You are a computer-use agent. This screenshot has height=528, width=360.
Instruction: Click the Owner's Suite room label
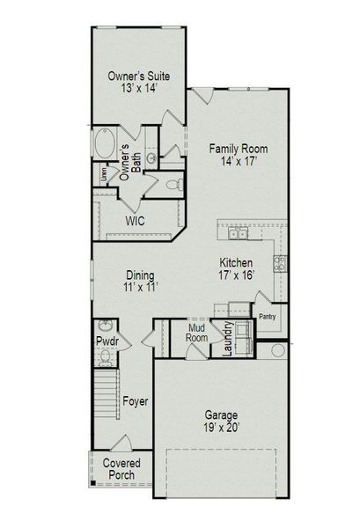point(138,77)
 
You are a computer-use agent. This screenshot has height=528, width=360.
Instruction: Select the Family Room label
point(238,148)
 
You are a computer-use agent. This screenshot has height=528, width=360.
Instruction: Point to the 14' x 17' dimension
point(238,163)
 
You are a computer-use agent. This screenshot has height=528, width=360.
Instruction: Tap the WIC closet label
point(135,220)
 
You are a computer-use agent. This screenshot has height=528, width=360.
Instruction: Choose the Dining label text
point(140,274)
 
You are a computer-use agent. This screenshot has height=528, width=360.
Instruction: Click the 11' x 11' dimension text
point(140,288)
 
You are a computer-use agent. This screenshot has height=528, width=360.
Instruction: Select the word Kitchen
point(236,262)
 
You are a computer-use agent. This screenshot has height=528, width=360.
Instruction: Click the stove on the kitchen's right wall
point(281,260)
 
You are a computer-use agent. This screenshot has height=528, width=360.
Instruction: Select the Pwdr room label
point(107,341)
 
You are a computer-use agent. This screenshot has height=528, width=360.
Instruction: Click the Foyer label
point(135,401)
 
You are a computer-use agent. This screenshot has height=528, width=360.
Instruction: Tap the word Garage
point(221,414)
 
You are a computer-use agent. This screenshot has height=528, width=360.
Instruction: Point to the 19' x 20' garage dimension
point(221,429)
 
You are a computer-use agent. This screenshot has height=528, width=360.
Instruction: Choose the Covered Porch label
point(121,469)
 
